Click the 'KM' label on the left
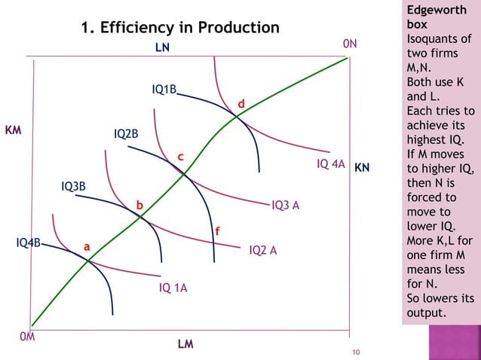pos(13,130)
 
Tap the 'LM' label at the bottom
pos(185,345)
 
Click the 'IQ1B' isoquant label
pos(164,90)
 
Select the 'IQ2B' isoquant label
pos(126,134)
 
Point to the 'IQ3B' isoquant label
pos(73,186)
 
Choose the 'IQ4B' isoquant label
pos(29,243)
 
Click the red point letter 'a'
pos(87,246)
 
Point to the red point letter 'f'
pos(218,231)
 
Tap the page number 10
pos(357,352)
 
